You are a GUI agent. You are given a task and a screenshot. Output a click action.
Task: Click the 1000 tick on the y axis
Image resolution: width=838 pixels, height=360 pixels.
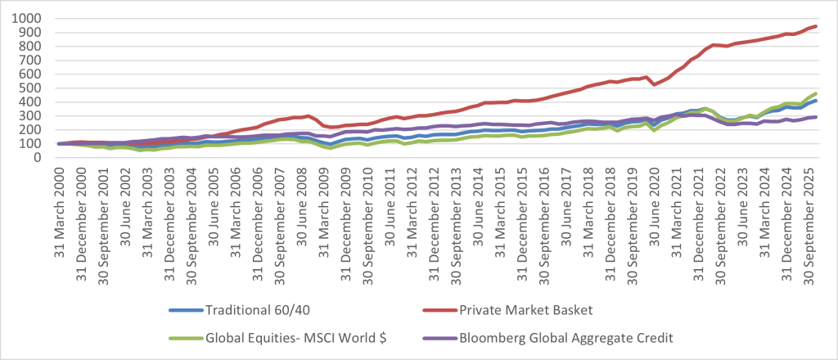31,17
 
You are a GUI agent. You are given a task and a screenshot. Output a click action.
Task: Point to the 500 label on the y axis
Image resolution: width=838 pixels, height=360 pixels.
34,88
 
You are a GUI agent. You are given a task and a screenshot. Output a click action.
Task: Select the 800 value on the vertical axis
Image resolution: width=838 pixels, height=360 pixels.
34,46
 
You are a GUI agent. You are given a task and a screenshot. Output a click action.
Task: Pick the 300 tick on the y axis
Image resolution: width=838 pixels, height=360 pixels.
34,115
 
